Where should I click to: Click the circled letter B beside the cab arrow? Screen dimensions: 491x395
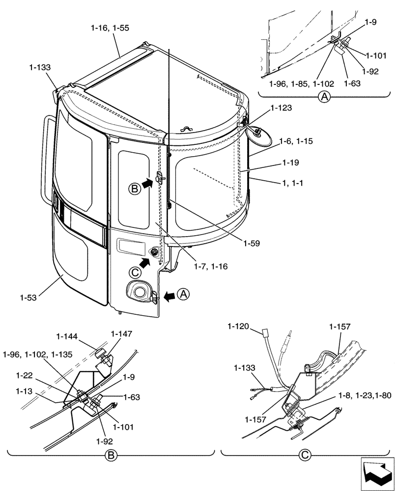tap(134, 189)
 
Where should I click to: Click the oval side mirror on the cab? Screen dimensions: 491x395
tap(260, 135)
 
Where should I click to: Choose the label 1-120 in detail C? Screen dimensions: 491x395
tap(238, 326)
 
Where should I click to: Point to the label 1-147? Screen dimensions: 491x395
tap(121, 334)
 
